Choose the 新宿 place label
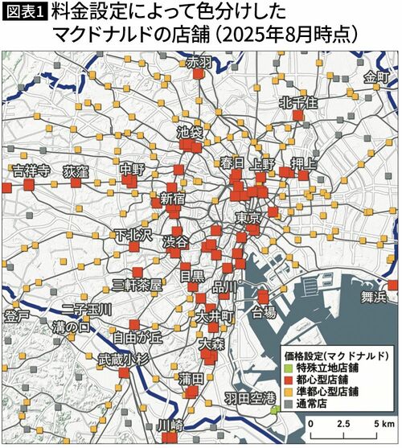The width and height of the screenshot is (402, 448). pyautogui.click(x=173, y=199)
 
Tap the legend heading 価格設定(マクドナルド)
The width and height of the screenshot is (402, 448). pyautogui.click(x=337, y=354)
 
